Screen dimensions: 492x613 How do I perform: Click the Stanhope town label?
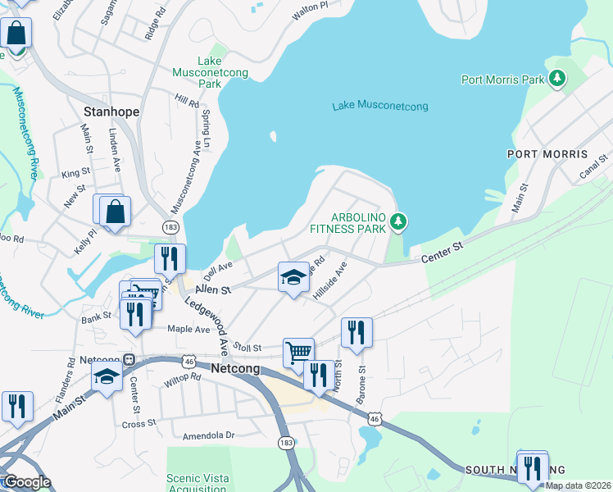111,112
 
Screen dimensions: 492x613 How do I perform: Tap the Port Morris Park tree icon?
558,79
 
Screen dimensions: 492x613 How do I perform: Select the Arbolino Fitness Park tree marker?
398,221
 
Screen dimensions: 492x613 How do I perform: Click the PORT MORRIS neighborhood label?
547,154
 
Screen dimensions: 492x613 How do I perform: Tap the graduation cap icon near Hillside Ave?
293,277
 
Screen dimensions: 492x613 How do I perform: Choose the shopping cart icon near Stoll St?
298,353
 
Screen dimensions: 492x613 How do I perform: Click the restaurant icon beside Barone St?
356,332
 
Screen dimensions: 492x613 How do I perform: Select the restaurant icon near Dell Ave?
170,258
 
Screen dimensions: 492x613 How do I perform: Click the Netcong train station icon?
129,360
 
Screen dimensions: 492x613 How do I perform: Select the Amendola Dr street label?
208,435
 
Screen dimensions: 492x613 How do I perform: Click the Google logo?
26,482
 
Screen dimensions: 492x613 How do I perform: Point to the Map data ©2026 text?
577,485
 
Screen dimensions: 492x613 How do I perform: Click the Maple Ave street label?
189,329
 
